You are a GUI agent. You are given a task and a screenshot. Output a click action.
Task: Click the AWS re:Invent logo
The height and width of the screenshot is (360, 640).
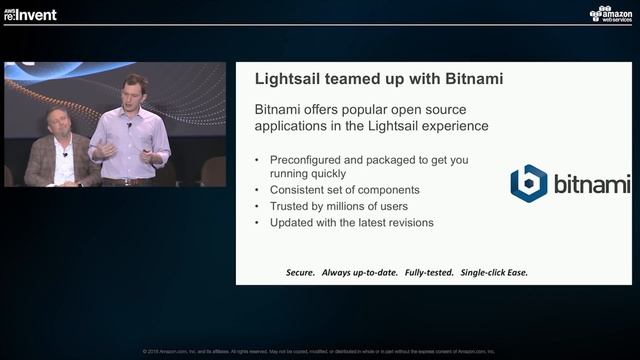click(31, 14)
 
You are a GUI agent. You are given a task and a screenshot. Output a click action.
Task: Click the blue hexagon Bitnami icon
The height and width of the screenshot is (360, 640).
click(528, 184)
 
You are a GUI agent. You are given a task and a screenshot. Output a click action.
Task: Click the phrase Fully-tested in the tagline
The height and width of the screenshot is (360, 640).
click(424, 272)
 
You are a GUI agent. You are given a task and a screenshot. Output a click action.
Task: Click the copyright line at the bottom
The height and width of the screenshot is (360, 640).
click(319, 351)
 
